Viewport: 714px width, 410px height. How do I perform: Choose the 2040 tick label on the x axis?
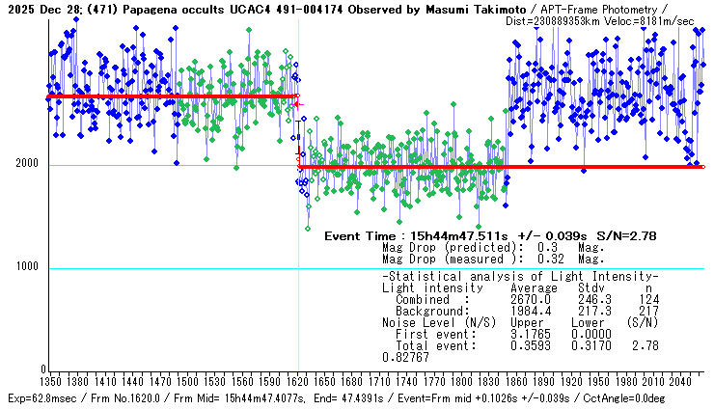coord(678,381)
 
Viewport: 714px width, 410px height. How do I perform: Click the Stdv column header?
coord(591,288)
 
